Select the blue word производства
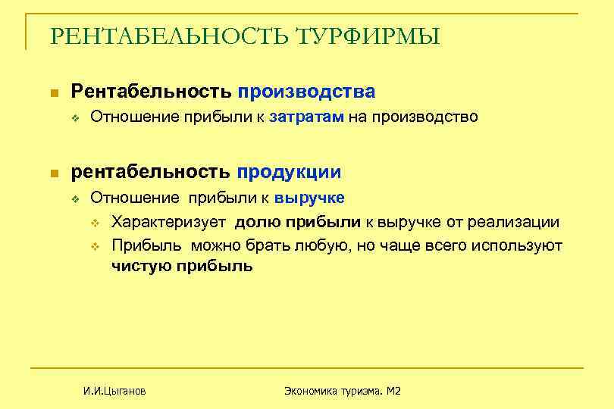tap(306, 92)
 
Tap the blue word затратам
tap(307, 117)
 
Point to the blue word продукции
tap(289, 172)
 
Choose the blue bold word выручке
tap(309, 198)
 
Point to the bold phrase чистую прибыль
tap(182, 267)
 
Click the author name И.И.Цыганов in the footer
tap(114, 391)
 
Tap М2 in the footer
tap(393, 391)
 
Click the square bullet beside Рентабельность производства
tap(53, 93)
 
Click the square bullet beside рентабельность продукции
tap(53, 173)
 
